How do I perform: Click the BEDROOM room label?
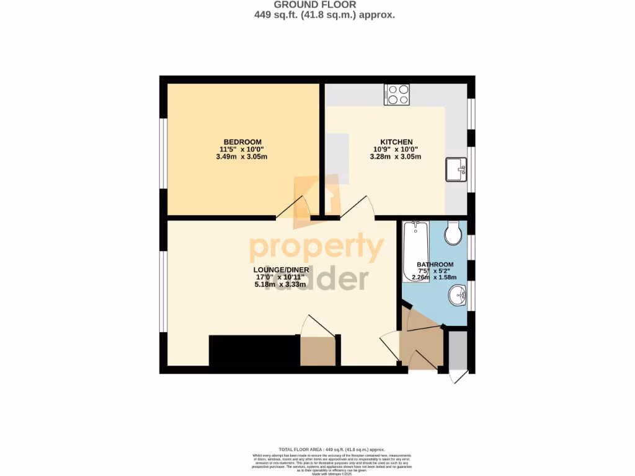point(243,142)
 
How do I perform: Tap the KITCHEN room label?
point(396,142)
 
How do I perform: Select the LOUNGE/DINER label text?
point(278,270)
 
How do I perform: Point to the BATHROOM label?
point(435,265)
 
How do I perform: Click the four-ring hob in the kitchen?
point(396,94)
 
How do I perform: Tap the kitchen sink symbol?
point(456,169)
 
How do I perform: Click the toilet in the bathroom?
point(453,233)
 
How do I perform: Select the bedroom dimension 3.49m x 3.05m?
point(243,157)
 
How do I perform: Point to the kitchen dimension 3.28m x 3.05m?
point(396,157)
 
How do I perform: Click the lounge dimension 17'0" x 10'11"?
point(278,277)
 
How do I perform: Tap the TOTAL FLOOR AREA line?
point(332,449)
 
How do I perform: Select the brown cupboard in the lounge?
point(317,351)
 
